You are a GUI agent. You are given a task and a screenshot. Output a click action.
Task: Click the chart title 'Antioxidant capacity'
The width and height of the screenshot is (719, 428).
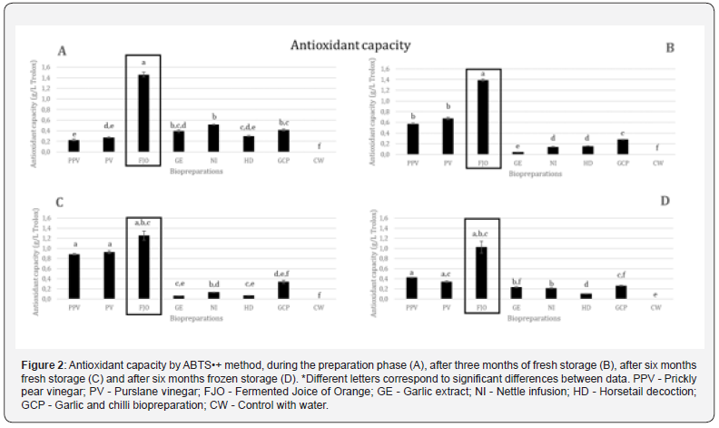pyautogui.click(x=350, y=45)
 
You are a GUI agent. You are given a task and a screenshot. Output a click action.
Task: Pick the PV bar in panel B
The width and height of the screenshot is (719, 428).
pyautogui.click(x=448, y=136)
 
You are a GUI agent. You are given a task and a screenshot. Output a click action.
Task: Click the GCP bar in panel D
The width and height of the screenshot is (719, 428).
pyautogui.click(x=620, y=292)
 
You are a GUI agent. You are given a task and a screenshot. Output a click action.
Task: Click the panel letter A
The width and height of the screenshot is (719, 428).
pyautogui.click(x=62, y=51)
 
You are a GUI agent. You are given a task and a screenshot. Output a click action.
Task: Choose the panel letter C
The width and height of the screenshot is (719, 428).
pyautogui.click(x=62, y=202)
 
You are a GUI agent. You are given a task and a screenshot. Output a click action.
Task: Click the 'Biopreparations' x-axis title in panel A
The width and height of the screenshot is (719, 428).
pyautogui.click(x=194, y=168)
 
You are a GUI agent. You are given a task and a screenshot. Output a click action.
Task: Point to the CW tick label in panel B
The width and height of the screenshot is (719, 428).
pyautogui.click(x=659, y=163)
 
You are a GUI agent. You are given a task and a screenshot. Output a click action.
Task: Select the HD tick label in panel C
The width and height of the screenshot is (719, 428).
pyautogui.click(x=249, y=308)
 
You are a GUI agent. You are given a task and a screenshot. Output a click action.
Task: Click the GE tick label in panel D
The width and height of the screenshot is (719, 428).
pyautogui.click(x=517, y=309)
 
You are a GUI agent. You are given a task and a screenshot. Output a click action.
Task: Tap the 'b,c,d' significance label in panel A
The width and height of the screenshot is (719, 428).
pyautogui.click(x=178, y=124)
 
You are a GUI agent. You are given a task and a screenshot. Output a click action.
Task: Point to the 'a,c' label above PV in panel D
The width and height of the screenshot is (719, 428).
pyautogui.click(x=448, y=274)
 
